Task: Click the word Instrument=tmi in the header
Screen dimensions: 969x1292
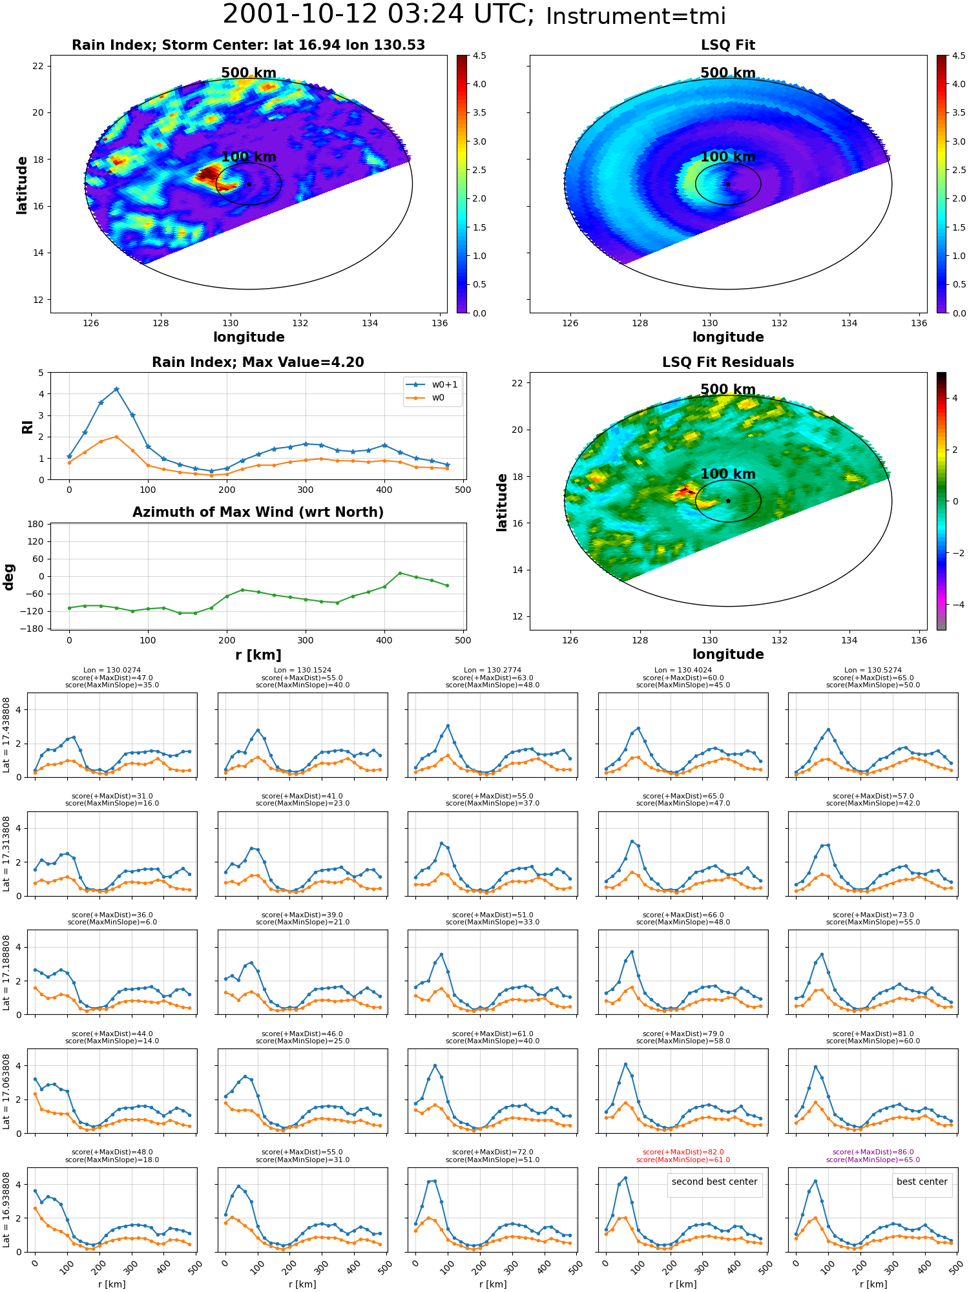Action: (636, 17)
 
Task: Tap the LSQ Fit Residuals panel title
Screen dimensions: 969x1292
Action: (728, 362)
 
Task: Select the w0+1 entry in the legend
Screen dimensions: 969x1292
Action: (432, 384)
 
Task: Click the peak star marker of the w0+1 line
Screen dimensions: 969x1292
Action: (116, 390)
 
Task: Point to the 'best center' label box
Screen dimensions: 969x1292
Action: (922, 1182)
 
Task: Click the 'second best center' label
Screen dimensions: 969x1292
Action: (714, 1182)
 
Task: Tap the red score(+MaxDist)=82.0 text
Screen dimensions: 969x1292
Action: (683, 1152)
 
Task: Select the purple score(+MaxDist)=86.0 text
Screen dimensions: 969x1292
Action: (873, 1152)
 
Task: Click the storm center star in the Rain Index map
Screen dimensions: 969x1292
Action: (249, 184)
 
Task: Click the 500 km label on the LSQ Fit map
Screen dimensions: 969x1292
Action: (728, 73)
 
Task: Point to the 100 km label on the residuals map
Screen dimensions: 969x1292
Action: (728, 474)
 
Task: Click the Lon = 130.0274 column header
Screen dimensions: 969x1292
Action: (112, 671)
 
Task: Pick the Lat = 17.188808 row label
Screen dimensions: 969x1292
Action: (6, 973)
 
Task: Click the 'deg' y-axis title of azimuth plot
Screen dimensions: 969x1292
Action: (9, 577)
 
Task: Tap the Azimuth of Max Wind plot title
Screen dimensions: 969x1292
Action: (258, 512)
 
